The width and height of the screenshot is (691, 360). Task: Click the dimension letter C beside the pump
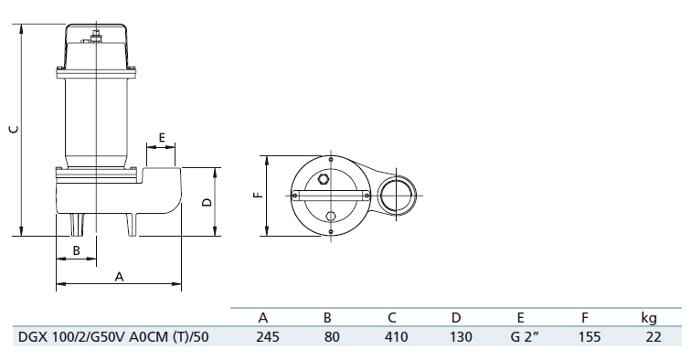[x=15, y=129]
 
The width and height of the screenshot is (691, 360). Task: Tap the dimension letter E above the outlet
[x=161, y=137]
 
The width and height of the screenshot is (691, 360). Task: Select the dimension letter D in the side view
[x=207, y=202]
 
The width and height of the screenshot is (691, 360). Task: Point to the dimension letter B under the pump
[x=76, y=250]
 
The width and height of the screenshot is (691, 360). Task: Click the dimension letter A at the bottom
[x=119, y=277]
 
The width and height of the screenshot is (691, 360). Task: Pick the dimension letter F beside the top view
[x=259, y=195]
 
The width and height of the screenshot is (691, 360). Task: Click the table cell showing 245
[x=268, y=337]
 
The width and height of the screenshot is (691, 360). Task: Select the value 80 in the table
[x=332, y=337]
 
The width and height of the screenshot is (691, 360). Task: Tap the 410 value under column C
[x=396, y=337]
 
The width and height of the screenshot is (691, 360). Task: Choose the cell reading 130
[x=461, y=337]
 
